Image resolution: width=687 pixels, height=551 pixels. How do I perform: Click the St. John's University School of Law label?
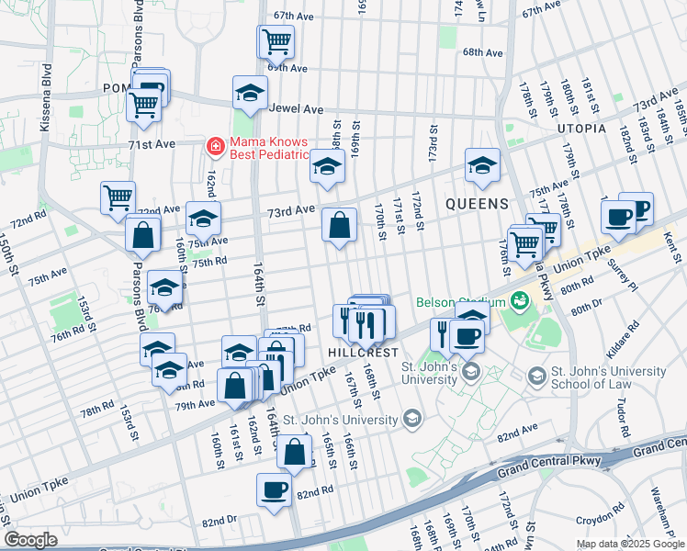(x=606, y=377)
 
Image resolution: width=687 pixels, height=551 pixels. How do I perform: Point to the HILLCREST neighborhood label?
(x=363, y=353)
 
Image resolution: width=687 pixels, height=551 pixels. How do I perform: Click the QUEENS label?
(x=478, y=203)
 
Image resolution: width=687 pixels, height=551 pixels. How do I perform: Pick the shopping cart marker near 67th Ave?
(x=276, y=41)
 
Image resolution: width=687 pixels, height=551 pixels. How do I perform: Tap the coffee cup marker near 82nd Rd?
(x=274, y=489)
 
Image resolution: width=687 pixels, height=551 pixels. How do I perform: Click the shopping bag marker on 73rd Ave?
(x=339, y=224)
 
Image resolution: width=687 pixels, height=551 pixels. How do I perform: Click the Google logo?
(x=30, y=540)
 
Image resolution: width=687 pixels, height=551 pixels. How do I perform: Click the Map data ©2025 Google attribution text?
(x=630, y=544)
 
